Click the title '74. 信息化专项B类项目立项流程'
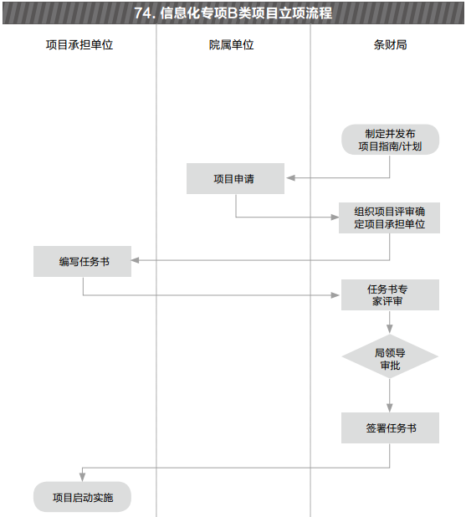233,13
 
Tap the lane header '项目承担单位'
79,44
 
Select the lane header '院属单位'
232,44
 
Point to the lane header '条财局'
390,44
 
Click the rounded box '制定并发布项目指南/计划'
390,140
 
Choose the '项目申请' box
235,178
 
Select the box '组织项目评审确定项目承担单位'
390,218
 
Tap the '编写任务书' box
83,261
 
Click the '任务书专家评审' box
390,294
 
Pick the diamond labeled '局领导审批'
390,356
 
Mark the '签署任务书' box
390,427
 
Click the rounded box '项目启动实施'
83,497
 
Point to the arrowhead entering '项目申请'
290,178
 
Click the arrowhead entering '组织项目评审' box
335,217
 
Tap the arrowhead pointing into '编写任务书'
136,260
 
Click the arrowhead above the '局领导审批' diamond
390,329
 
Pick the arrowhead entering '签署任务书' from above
390,408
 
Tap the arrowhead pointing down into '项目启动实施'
83,477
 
